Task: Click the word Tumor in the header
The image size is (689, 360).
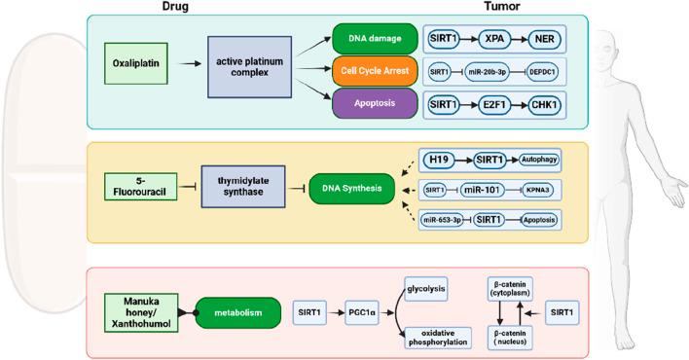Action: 503,7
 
